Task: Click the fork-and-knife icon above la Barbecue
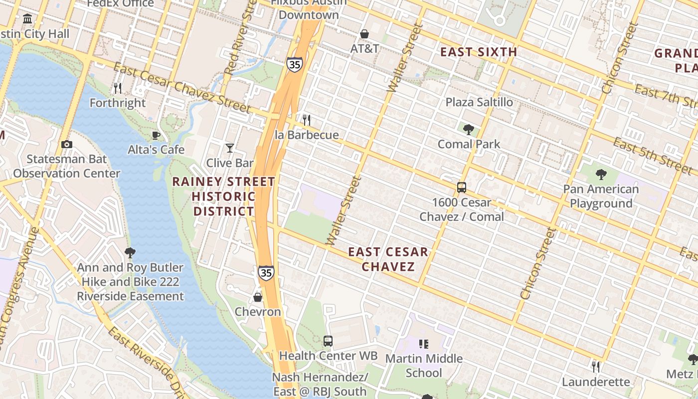307,120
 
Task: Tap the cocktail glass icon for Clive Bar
229,148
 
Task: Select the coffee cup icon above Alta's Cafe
156,135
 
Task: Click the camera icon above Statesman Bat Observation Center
66,144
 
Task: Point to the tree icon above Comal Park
468,130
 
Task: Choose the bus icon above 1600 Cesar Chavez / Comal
462,188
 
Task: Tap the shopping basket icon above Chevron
258,297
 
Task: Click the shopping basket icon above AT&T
364,33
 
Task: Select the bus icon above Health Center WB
328,341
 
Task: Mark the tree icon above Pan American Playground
601,175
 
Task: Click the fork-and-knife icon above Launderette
596,367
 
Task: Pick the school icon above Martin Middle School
424,344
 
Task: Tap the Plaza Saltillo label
479,102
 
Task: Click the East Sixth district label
479,52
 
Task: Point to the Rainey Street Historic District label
224,197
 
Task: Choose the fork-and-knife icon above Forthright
118,88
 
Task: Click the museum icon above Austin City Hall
27,19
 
